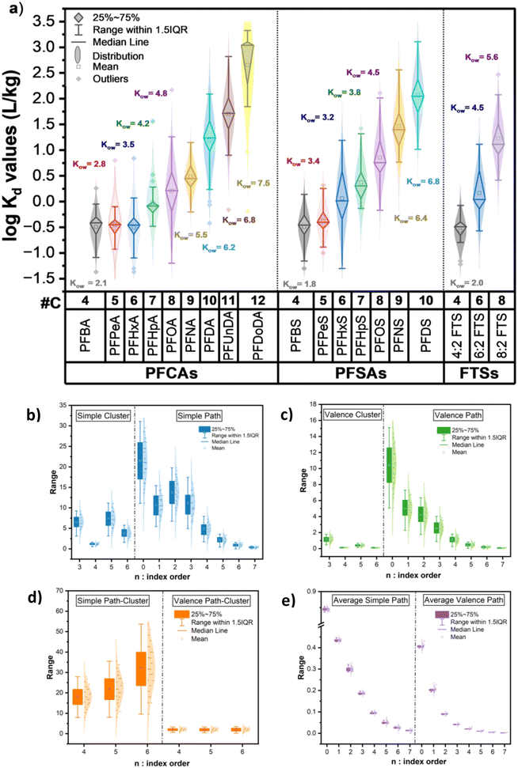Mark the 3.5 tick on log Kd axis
coord(52,20)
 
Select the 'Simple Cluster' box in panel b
coord(98,415)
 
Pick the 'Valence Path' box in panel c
coord(454,415)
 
